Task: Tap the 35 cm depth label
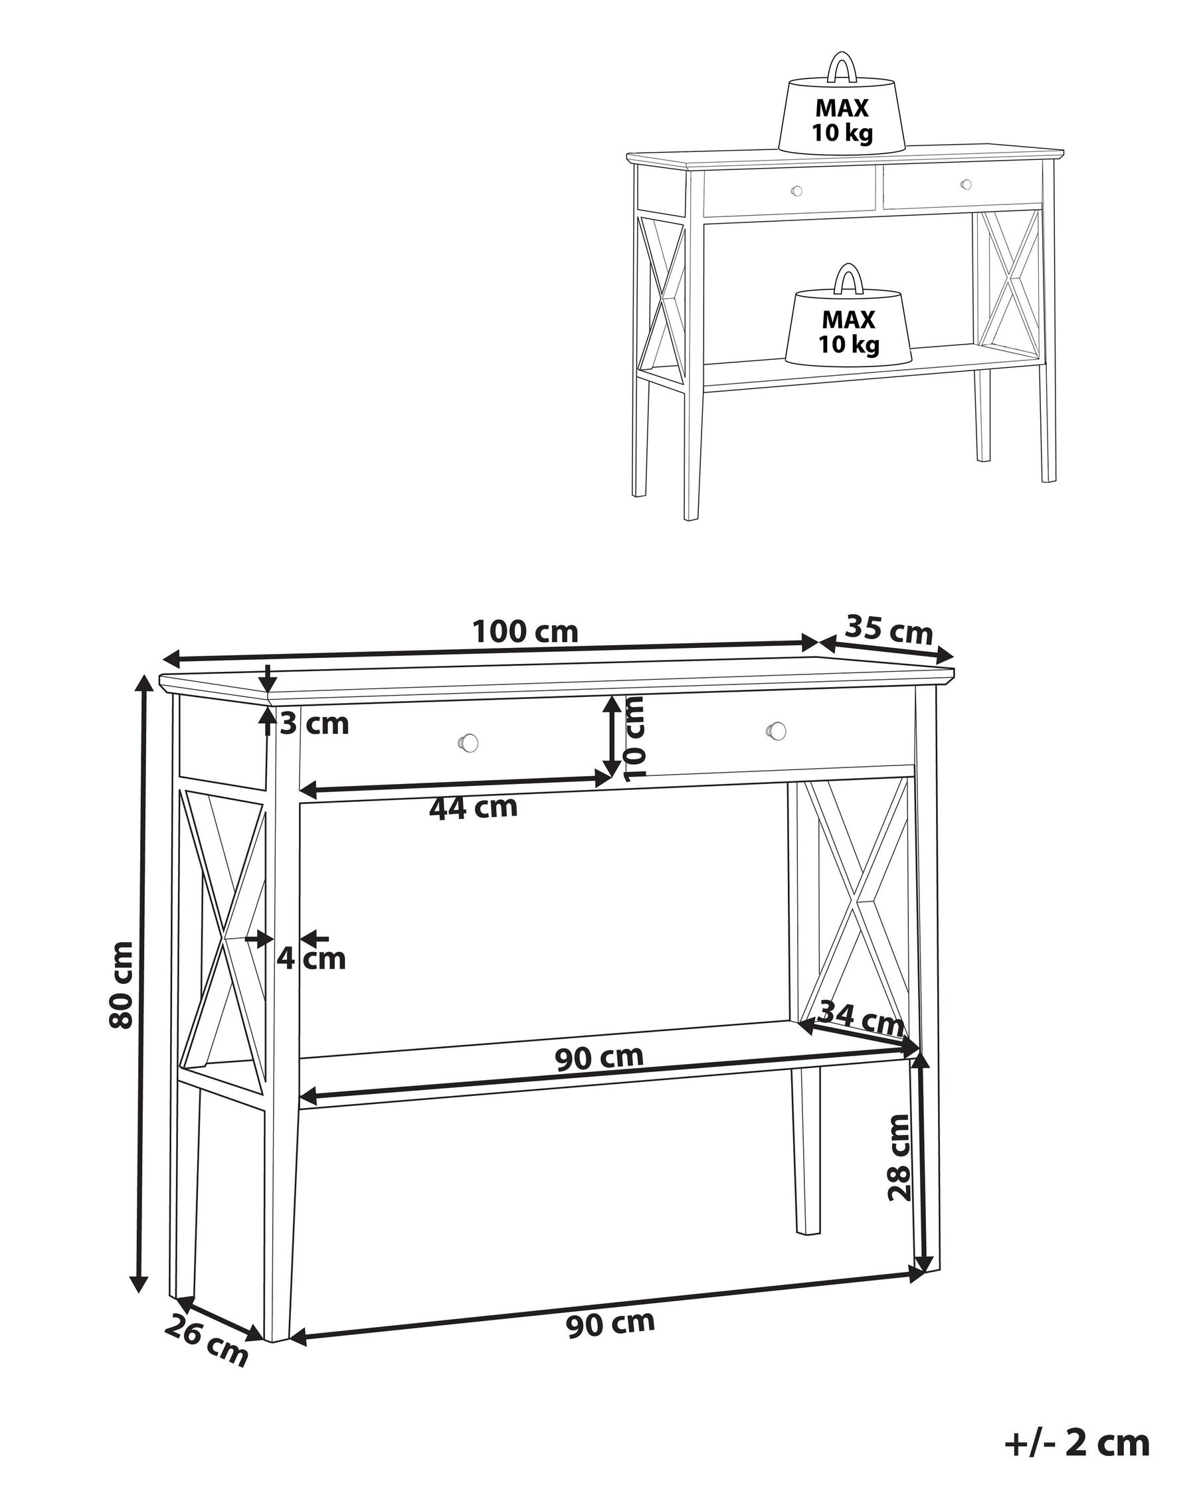889,629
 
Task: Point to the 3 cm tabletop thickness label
314,724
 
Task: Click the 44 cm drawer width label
473,807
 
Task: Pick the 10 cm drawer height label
634,739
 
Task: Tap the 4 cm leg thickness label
311,959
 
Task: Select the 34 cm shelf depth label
861,1018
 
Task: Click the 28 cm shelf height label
899,1156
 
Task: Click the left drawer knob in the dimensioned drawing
469,742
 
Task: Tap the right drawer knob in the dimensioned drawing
776,730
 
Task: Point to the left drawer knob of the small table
796,191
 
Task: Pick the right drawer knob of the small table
966,184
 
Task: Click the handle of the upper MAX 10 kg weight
841,68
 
